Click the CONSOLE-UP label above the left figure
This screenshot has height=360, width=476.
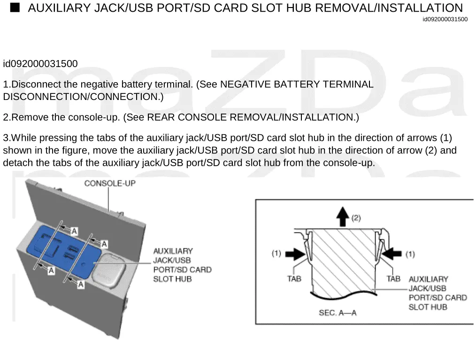point(110,183)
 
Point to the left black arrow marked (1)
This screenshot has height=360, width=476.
point(294,254)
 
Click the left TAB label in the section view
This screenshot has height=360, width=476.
point(294,279)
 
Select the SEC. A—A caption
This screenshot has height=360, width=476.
point(338,313)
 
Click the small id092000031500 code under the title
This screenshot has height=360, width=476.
point(445,19)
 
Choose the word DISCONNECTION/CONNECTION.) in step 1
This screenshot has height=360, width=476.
point(83,97)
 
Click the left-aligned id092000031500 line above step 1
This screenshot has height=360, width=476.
point(40,64)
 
